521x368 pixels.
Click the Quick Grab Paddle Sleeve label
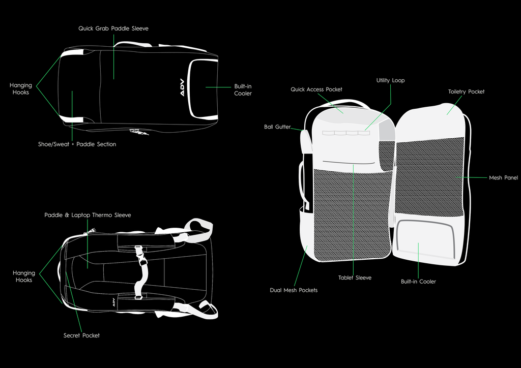pos(113,28)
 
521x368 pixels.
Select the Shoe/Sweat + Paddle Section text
pos(77,144)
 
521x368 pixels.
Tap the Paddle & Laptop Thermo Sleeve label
pos(88,215)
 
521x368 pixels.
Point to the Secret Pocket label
pos(81,335)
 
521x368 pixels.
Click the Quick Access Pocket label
pos(316,89)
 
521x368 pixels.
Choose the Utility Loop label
pos(390,80)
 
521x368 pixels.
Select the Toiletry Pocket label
pos(466,91)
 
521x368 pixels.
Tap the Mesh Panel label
pos(503,178)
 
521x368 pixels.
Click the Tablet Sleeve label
pos(355,278)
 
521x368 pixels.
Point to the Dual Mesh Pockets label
pos(294,290)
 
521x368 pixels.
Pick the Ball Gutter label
pos(277,127)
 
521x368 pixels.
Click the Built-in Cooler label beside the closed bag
pos(243,90)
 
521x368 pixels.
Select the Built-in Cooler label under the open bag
pos(418,282)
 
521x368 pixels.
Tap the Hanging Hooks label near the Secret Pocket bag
pos(24,277)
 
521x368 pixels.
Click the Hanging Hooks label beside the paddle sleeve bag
pos(21,89)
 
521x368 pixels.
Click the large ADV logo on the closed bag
pos(183,87)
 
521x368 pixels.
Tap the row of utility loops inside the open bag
pos(345,133)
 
